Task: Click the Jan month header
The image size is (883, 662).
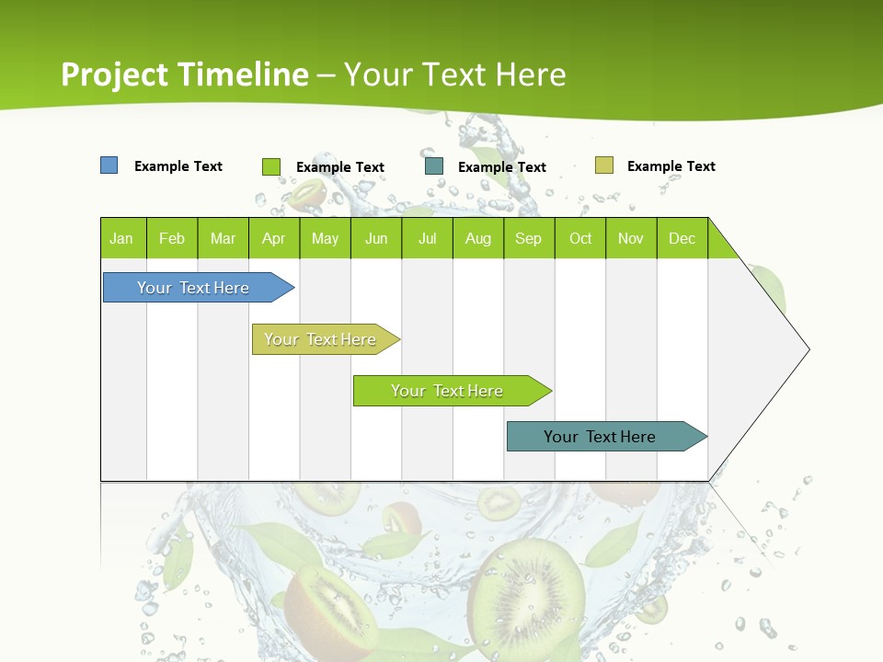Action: (121, 238)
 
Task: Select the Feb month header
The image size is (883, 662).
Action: (172, 238)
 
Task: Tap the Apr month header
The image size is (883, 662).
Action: (273, 238)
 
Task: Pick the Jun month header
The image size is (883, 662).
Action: (376, 238)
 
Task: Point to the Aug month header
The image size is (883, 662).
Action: (478, 238)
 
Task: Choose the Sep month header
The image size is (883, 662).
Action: (528, 238)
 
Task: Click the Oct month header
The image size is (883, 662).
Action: (580, 238)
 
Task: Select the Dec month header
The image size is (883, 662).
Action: (682, 238)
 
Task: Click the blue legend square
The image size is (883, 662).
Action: (109, 165)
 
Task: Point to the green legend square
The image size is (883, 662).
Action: (271, 166)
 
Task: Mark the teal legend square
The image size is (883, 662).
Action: (434, 166)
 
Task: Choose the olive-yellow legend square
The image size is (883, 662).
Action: (603, 165)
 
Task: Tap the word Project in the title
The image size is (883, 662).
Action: (114, 74)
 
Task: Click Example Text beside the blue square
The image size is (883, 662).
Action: (178, 166)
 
